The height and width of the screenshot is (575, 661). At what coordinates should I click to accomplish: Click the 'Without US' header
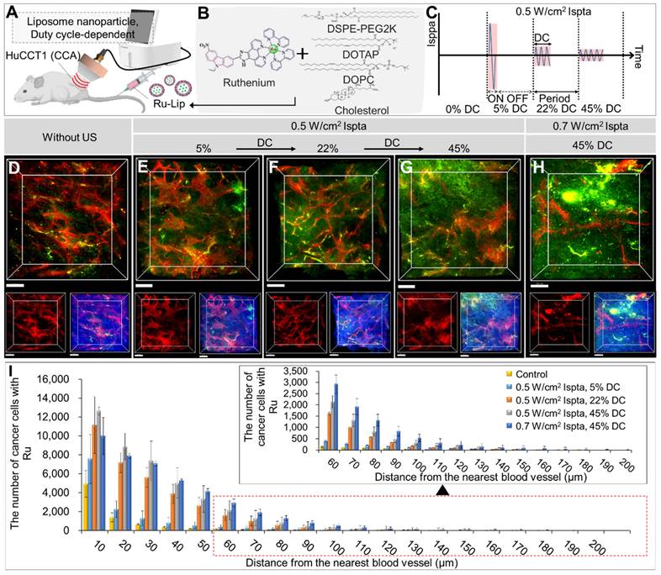coord(67,136)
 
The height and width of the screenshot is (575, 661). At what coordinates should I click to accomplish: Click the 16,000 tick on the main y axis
coord(59,378)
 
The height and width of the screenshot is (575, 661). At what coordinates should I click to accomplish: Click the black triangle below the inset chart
coord(442,499)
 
